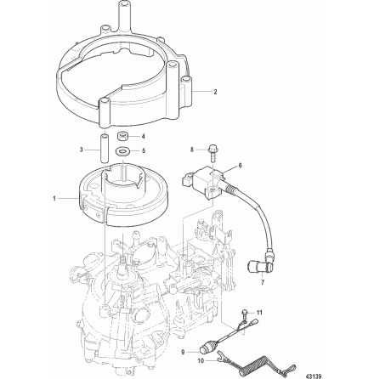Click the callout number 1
[54, 199]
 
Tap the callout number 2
[215, 92]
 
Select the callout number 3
[81, 150]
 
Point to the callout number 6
[240, 166]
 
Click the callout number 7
[262, 282]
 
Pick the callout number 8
[192, 150]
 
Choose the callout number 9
[183, 352]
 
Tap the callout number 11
[259, 313]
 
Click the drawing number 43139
[314, 376]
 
